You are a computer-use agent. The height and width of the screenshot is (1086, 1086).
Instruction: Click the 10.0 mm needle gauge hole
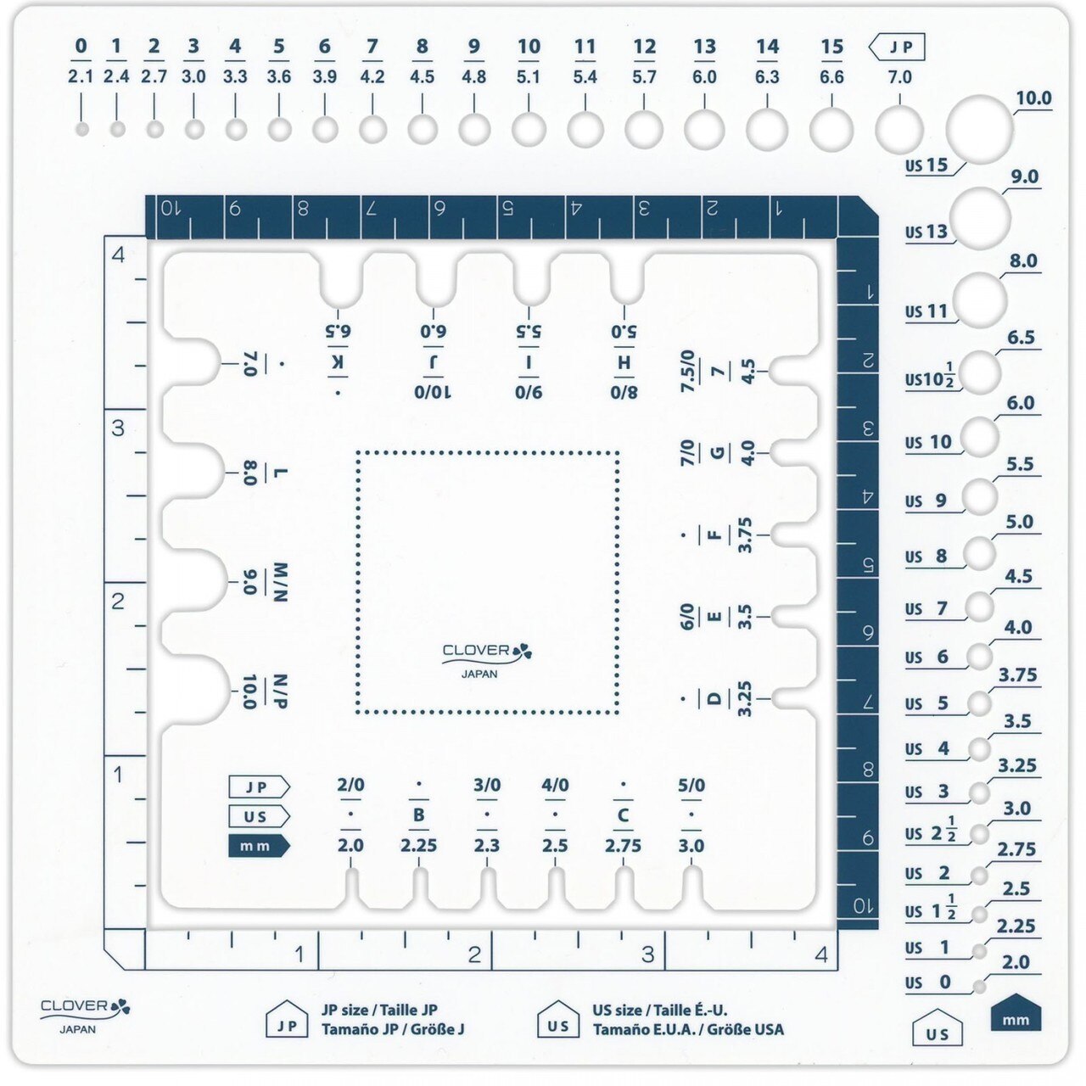[x=979, y=129]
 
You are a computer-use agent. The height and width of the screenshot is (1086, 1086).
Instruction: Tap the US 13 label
[x=926, y=232]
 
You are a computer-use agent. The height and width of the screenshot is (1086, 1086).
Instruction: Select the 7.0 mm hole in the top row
[x=899, y=130]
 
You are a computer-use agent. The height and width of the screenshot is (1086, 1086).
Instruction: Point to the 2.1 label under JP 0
[x=81, y=76]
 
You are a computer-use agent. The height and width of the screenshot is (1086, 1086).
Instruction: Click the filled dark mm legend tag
[x=259, y=846]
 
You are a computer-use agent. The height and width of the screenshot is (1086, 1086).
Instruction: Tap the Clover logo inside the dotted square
[x=487, y=660]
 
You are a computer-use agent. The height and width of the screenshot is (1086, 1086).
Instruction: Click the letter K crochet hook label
[x=338, y=362]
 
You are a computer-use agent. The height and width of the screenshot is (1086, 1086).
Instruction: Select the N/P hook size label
[x=280, y=691]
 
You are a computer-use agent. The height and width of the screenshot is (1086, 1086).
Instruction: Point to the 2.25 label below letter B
[x=418, y=846]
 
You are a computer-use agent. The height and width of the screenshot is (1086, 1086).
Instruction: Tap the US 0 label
[x=927, y=982]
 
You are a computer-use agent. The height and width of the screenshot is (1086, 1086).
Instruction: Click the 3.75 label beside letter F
[x=744, y=535]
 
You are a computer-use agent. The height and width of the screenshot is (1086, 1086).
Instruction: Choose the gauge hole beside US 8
[x=979, y=553]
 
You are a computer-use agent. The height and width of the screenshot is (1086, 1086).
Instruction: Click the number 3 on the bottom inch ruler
[x=648, y=954]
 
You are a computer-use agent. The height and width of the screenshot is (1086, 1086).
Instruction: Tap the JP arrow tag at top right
[x=897, y=47]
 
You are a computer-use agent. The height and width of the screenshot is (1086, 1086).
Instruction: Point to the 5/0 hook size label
[x=691, y=785]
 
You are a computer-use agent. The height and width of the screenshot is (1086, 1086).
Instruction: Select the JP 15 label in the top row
[x=831, y=47]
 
